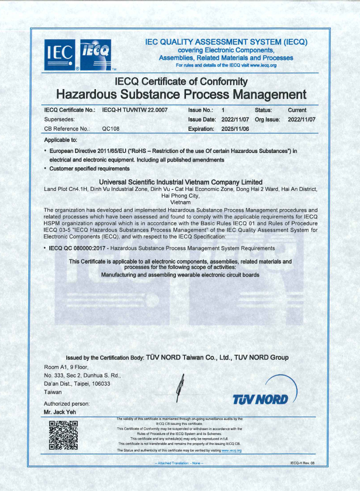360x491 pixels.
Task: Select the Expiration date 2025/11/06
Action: pos(235,129)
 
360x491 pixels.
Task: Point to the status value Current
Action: pos(297,110)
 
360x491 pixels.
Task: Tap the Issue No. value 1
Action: pos(223,110)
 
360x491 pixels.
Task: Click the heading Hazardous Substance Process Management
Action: pos(181,94)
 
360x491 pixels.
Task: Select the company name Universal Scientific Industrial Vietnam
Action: pos(180,182)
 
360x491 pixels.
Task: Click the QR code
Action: pos(63,434)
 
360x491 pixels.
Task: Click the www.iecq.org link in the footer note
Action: pos(232,451)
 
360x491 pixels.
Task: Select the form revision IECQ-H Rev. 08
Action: pos(302,463)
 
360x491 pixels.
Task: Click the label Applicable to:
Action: pos(60,140)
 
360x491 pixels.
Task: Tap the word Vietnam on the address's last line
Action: pos(180,202)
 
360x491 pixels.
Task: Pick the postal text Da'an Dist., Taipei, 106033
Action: pos(77,384)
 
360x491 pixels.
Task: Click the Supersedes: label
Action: pos(59,119)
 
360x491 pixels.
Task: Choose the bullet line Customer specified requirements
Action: pos(89,168)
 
